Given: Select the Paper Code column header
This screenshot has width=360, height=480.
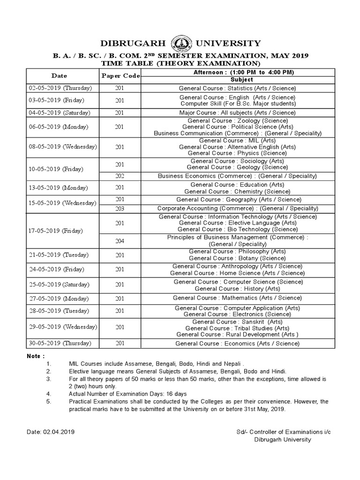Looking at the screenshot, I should tap(120, 76).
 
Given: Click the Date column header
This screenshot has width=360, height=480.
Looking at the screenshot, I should tap(60, 75).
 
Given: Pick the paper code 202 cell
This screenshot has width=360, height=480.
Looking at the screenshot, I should tap(120, 176).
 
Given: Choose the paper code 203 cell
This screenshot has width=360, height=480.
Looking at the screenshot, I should tap(120, 208).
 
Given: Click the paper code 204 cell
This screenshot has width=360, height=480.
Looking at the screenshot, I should tap(120, 240).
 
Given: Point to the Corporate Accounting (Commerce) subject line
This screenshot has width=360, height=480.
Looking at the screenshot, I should tap(237, 208).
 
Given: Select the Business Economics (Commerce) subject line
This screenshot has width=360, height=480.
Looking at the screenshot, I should tap(237, 176).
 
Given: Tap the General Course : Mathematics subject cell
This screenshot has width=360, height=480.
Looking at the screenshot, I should tap(237, 298).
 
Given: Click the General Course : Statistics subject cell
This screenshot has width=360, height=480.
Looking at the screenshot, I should tap(237, 88).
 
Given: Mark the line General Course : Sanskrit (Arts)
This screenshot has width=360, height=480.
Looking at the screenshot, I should tap(237, 322).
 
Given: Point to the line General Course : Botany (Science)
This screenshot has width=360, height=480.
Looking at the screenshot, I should tap(237, 258).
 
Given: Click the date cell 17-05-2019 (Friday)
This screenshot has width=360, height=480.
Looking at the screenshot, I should tap(55, 231).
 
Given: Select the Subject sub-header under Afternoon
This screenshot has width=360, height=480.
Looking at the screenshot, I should tap(241, 80).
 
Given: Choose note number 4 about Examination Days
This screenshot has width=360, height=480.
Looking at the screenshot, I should tap(127, 394).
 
